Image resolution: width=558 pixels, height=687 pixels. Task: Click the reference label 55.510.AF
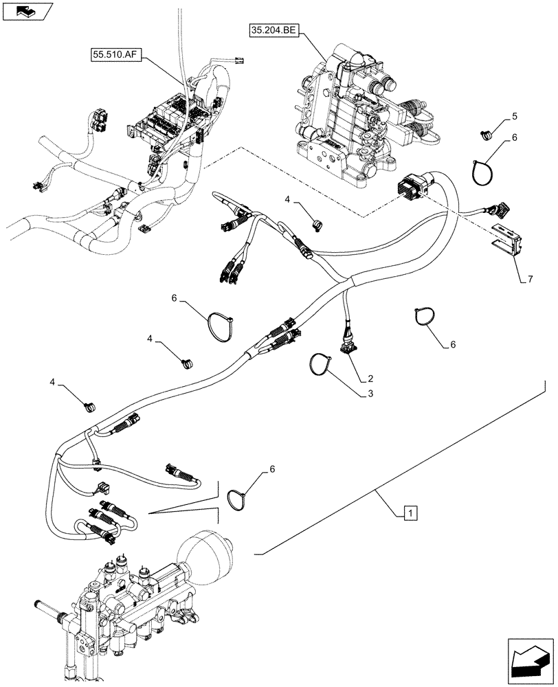click(x=114, y=54)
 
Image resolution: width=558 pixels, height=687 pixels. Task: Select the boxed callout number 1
click(x=409, y=512)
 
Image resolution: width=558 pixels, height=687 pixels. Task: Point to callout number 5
click(x=515, y=117)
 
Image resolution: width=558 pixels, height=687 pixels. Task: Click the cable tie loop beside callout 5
click(x=485, y=170)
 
